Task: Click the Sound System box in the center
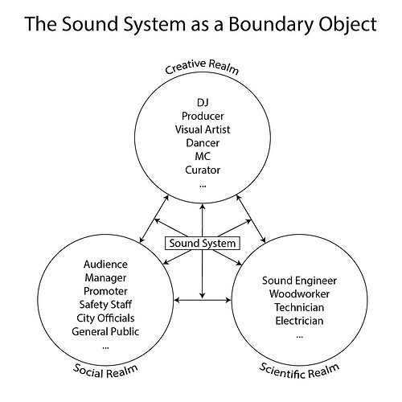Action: (201, 243)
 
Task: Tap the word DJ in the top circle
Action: (202, 102)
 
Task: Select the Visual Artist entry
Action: (202, 129)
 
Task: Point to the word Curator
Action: (202, 170)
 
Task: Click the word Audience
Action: (106, 264)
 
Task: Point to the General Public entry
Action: (106, 331)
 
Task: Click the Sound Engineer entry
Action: (299, 281)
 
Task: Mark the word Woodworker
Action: (299, 294)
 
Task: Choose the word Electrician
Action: (299, 322)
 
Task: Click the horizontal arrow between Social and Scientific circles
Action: (202, 301)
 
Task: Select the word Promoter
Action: (106, 290)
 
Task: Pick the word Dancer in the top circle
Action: (202, 143)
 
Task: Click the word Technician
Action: (299, 308)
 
